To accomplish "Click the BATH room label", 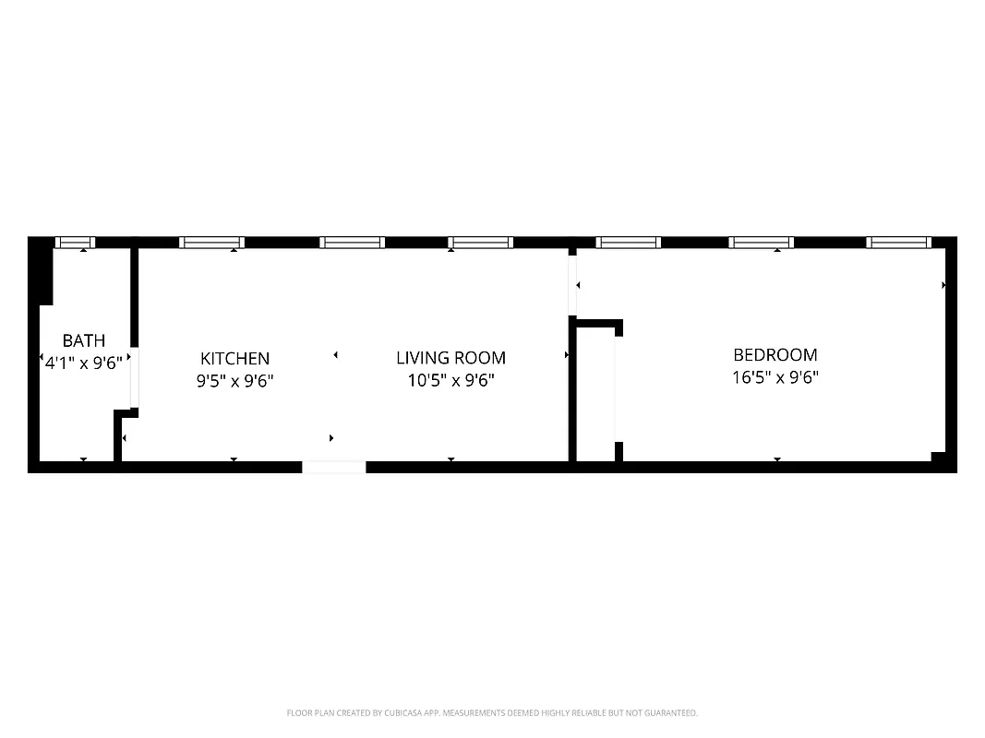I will [x=84, y=341].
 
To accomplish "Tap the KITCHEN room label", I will [x=234, y=358].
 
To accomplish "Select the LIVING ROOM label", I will [x=450, y=358].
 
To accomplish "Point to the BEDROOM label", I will [x=775, y=354].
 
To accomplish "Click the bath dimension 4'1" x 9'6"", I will [x=84, y=363].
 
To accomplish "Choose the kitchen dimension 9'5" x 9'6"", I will [x=234, y=379].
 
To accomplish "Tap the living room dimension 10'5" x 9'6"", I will [x=451, y=379].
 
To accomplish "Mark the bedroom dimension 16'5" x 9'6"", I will [x=775, y=376].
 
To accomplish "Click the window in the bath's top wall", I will [x=75, y=243].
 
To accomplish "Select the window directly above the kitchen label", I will [x=211, y=243].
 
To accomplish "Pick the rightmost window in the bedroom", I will [x=898, y=243].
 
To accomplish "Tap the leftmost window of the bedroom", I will [x=628, y=243].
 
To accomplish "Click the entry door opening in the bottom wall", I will [x=334, y=467].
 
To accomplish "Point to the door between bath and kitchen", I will [x=134, y=378].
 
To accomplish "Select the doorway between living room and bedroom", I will [x=572, y=286].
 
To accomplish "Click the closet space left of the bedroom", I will [x=595, y=397].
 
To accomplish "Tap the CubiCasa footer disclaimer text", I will [x=492, y=713].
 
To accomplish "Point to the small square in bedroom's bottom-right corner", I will [x=939, y=457].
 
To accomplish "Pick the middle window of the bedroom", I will [x=761, y=243].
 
